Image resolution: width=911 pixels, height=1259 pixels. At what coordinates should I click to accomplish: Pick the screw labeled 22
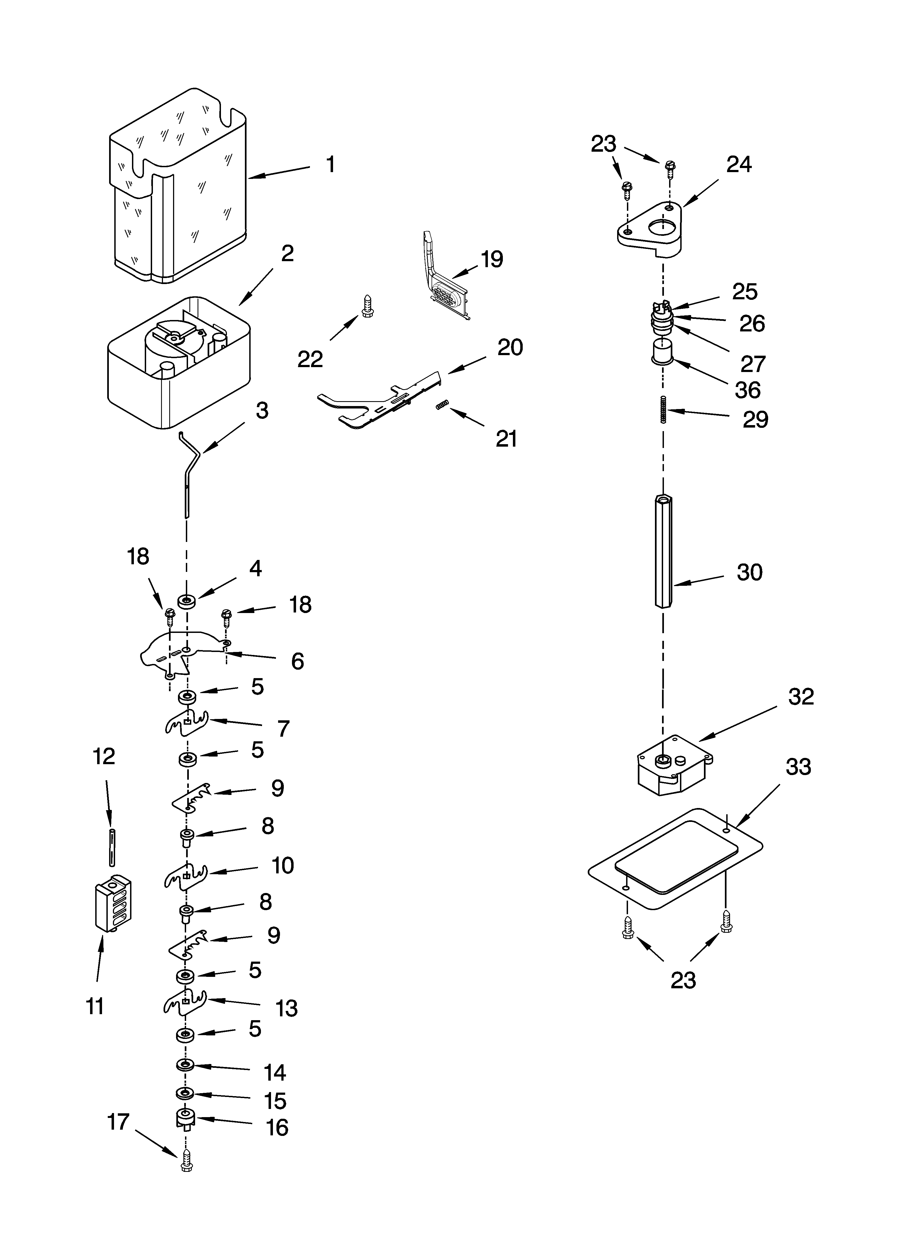366,306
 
